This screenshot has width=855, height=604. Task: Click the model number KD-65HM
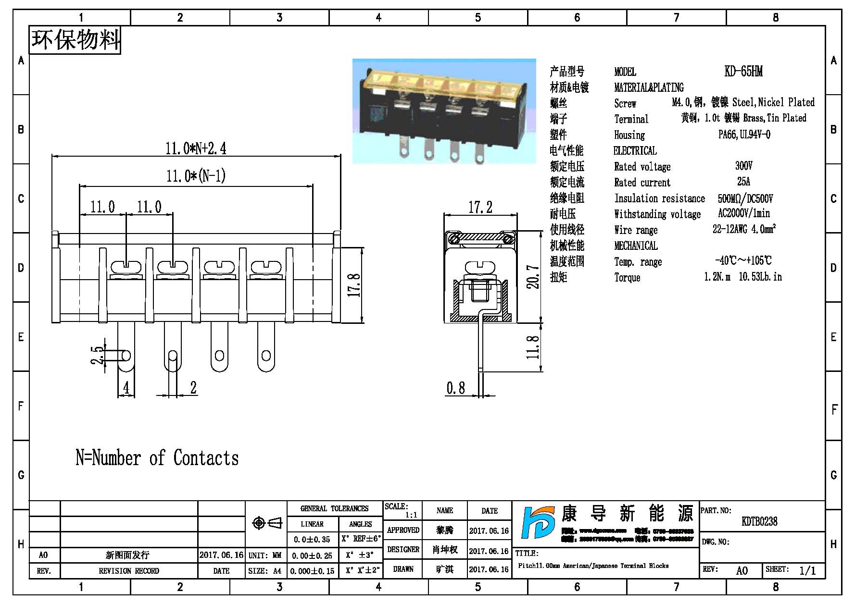pyautogui.click(x=743, y=72)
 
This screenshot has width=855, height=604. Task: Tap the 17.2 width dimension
pyautogui.click(x=480, y=207)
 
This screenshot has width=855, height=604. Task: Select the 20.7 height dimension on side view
pyautogui.click(x=533, y=277)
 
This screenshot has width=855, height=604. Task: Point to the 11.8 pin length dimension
pyautogui.click(x=533, y=347)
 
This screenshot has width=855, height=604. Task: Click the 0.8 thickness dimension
pyautogui.click(x=455, y=388)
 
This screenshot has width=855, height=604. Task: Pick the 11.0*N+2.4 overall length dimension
pyautogui.click(x=196, y=148)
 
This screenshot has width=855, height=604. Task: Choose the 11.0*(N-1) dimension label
pyautogui.click(x=196, y=176)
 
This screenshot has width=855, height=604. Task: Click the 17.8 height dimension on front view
pyautogui.click(x=354, y=284)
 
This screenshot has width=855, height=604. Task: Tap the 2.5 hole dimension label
pyautogui.click(x=97, y=356)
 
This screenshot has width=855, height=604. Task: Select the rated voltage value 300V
pyautogui.click(x=743, y=166)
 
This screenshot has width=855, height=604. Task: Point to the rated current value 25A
pyautogui.click(x=743, y=182)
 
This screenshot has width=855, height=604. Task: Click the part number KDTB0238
pyautogui.click(x=759, y=521)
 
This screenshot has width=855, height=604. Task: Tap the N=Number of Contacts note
pyautogui.click(x=157, y=458)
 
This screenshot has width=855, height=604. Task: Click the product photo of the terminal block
pyautogui.click(x=444, y=111)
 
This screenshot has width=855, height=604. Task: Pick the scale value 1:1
pyautogui.click(x=411, y=515)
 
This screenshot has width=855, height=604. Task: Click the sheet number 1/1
pyautogui.click(x=807, y=570)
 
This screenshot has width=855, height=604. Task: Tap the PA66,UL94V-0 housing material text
pyautogui.click(x=744, y=135)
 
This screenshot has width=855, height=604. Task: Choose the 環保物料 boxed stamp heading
pyautogui.click(x=75, y=40)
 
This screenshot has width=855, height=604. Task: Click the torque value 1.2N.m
pyautogui.click(x=717, y=277)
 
